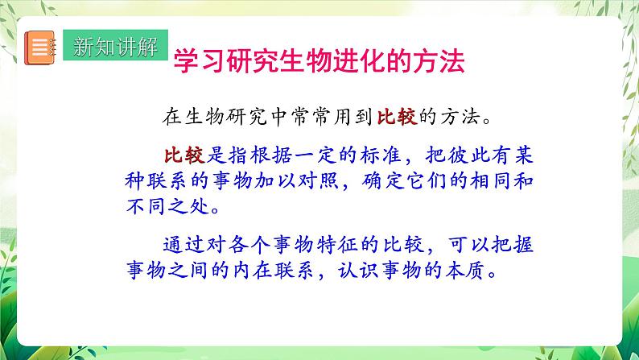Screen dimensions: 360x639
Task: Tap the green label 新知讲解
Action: click(115, 46)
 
